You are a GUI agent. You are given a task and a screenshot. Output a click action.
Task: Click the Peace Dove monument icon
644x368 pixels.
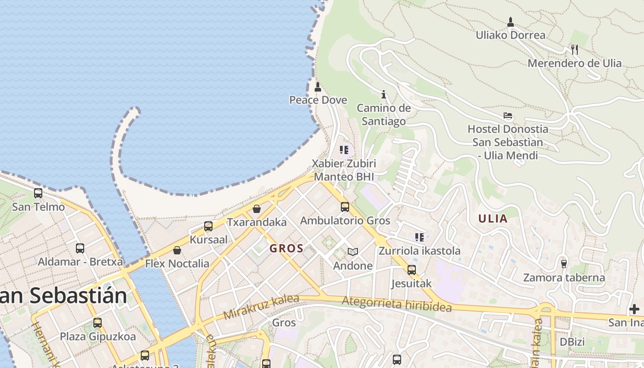coord(317,86)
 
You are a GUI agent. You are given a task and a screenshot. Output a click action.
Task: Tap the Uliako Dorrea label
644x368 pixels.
coord(510,35)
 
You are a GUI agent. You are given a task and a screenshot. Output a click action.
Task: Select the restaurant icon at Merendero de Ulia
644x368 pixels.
coord(574,49)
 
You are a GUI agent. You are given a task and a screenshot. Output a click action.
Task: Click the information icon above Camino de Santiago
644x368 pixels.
coord(384,95)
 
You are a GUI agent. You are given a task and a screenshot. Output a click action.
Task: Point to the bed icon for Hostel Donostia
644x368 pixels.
coord(508,115)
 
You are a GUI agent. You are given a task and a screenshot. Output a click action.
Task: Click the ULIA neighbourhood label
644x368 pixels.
coord(493,218)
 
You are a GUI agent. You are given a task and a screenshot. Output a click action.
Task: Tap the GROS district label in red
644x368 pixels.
coord(286,249)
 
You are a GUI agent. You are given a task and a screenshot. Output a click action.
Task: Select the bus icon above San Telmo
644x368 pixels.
coord(38,193)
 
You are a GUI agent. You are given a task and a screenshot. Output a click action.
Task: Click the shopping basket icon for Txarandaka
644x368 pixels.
coord(257,209)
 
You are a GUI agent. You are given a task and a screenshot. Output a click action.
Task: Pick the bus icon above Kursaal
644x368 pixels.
coord(208,226)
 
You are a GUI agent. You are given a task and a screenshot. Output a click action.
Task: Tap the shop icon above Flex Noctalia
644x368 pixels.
coord(177,250)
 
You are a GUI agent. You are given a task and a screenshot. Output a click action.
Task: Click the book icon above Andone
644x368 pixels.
coord(353,252)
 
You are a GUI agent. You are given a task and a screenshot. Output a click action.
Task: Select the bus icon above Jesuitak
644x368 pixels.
coord(411,270)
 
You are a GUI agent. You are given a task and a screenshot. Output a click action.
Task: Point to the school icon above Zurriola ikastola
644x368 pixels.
coord(419,237)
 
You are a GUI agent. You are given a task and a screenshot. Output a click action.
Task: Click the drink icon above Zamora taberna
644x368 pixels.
coord(563,264)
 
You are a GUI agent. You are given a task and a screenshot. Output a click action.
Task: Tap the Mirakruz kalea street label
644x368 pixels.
coord(261,307)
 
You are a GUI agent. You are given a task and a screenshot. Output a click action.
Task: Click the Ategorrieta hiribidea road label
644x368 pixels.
coord(397,304)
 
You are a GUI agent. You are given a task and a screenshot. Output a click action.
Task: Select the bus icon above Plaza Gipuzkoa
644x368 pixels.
coord(98,323)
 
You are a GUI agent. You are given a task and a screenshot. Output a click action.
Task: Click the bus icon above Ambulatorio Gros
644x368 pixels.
coord(345,207)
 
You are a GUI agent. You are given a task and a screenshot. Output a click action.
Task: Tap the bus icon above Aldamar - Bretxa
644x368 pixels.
coord(80,248)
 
